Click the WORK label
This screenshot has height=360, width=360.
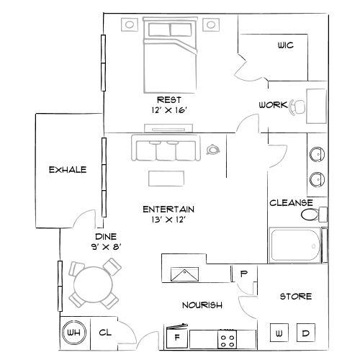click(274, 105)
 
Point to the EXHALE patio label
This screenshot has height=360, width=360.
click(68, 170)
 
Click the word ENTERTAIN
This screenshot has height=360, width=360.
click(169, 209)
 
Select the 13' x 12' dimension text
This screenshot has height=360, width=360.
click(169, 220)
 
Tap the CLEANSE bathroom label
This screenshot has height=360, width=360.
click(291, 203)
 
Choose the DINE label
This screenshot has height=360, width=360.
click(106, 237)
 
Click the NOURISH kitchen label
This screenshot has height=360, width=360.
click(202, 305)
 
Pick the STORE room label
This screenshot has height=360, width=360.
click(295, 296)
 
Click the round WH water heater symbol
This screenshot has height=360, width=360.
click(73, 333)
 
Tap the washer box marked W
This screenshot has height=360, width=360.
click(279, 333)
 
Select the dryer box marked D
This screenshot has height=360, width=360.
click(305, 333)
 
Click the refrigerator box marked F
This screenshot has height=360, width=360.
click(177, 336)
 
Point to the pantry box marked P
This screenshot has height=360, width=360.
click(243, 274)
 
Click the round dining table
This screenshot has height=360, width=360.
click(93, 286)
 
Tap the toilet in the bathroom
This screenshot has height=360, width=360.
click(312, 215)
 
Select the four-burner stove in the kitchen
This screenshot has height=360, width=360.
click(229, 337)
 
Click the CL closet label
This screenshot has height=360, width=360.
click(104, 333)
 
